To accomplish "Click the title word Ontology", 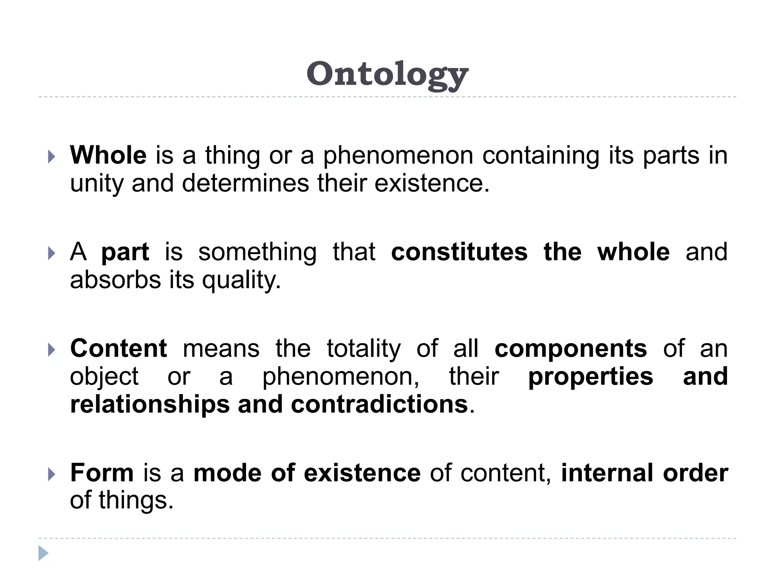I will click(x=387, y=75).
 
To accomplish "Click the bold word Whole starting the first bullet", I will click(x=108, y=155).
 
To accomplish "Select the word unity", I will click(x=96, y=184).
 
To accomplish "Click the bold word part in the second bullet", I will click(x=125, y=253).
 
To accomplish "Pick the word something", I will click(x=257, y=253).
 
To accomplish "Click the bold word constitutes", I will click(x=459, y=252).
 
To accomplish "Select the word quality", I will click(x=241, y=281).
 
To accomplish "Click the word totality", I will click(x=364, y=349).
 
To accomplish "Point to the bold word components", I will click(x=571, y=349).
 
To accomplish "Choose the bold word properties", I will click(x=590, y=377).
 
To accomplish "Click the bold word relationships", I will click(x=150, y=404).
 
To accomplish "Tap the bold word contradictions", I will click(x=380, y=404).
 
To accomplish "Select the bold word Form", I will click(x=102, y=473).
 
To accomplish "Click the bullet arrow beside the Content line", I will click(x=52, y=350).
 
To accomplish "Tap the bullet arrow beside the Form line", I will click(x=52, y=474).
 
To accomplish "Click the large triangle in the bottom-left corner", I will click(x=43, y=553).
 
